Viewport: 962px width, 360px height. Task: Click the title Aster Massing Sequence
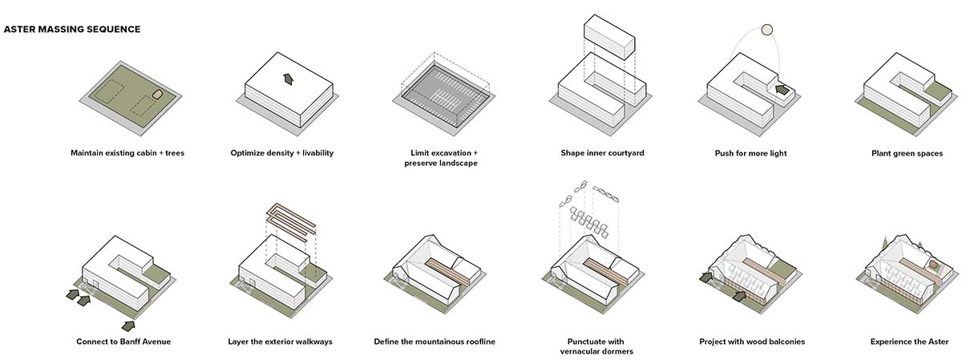[x=72, y=30]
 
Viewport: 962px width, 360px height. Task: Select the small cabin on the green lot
[x=158, y=94]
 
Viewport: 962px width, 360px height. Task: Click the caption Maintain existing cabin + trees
[x=127, y=152]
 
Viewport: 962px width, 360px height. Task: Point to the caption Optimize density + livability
[x=281, y=152]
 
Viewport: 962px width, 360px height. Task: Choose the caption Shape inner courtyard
[x=602, y=152]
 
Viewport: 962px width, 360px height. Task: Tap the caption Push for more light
[x=750, y=152]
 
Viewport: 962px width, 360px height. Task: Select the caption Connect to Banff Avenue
[x=123, y=342]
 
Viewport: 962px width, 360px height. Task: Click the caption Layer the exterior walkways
[x=280, y=342]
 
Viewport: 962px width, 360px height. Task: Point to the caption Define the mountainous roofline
[x=435, y=342]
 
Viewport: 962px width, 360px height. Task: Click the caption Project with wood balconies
[x=752, y=342]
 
